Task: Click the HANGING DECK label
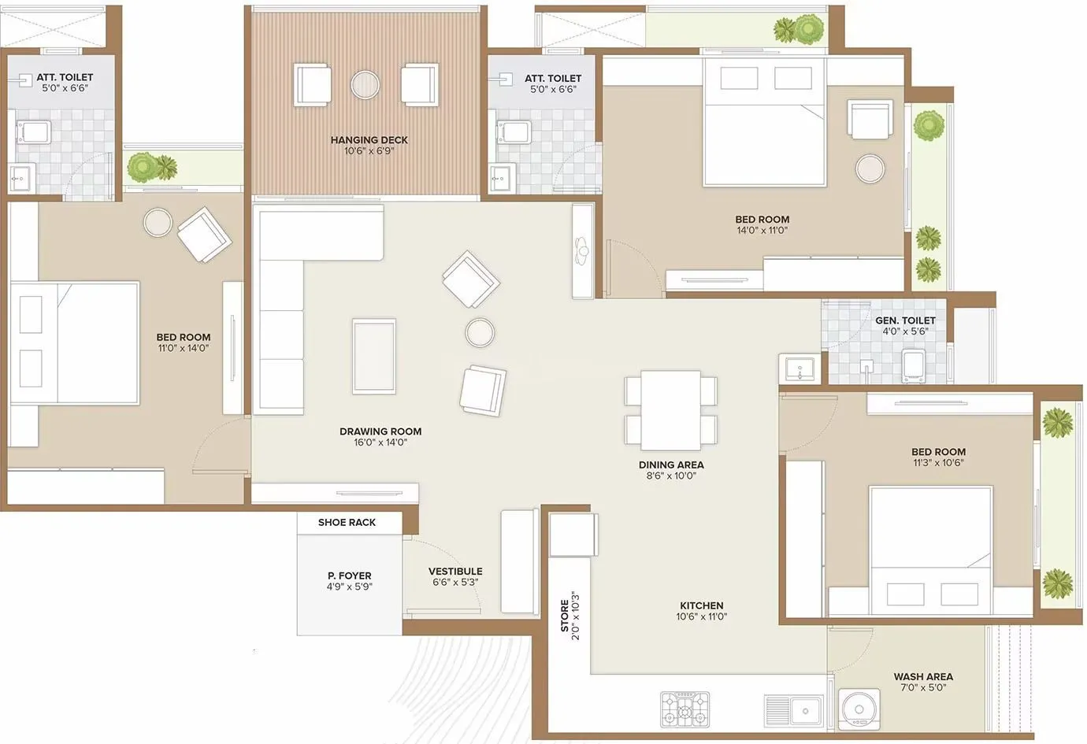[369, 140]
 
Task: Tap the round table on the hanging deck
[365, 84]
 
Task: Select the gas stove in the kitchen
[684, 709]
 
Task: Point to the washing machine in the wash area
[859, 708]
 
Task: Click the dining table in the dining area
[671, 409]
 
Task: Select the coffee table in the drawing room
[374, 356]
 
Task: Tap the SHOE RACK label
[347, 522]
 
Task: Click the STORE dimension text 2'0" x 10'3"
[576, 616]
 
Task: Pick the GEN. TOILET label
[905, 320]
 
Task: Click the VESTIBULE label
[455, 572]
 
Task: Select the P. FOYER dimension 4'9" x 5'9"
[349, 587]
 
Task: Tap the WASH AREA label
[923, 676]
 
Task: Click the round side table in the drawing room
[480, 333]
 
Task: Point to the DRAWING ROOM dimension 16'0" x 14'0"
[380, 442]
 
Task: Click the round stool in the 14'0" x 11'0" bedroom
[870, 168]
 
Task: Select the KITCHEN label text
[701, 605]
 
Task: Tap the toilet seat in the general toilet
[913, 366]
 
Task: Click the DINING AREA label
[671, 465]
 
